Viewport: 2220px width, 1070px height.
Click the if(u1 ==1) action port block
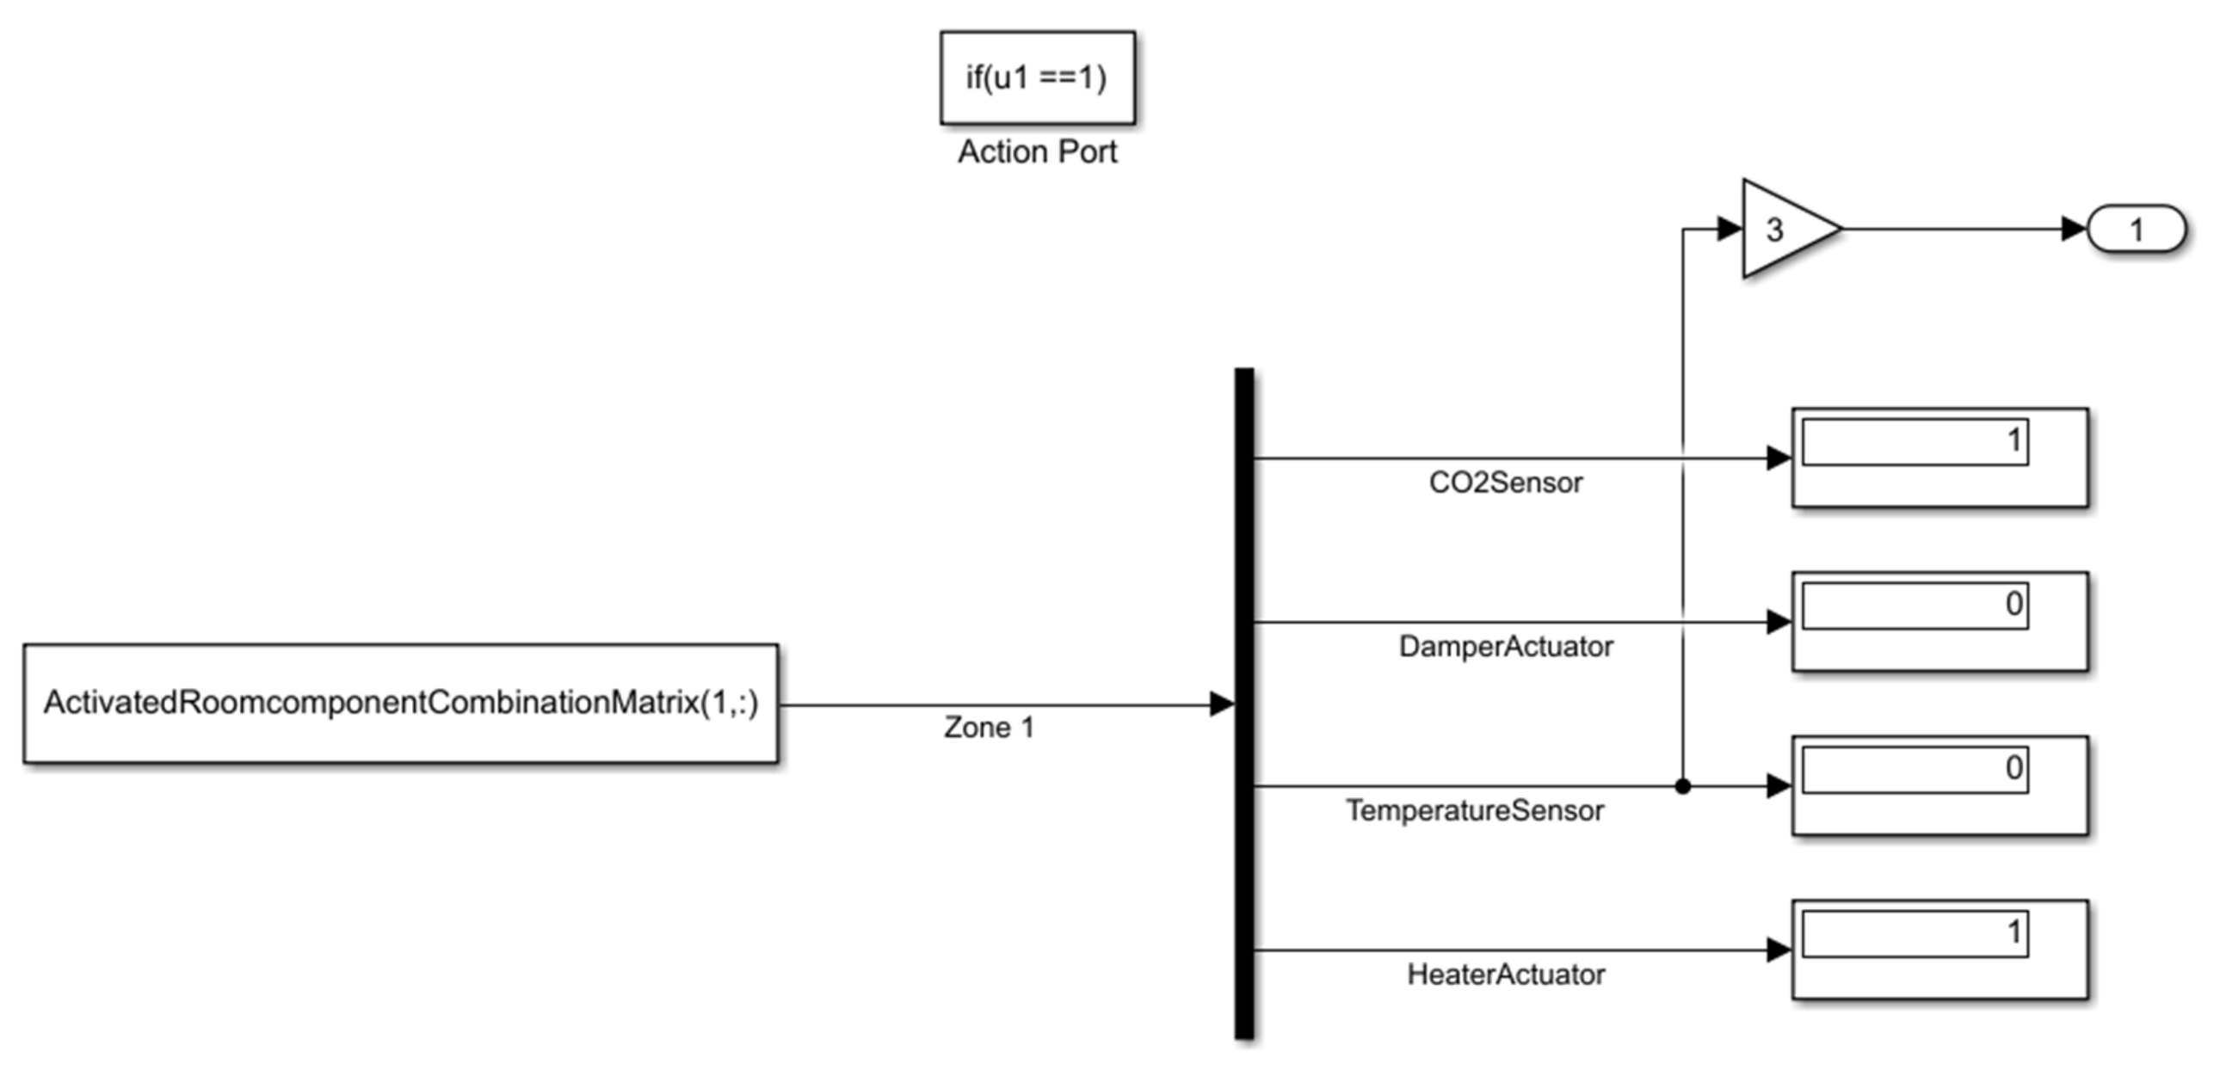coord(1037,77)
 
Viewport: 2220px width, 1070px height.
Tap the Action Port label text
coord(1037,152)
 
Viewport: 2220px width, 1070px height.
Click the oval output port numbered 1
coord(2136,229)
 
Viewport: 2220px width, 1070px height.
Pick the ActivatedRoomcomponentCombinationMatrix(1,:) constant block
coord(401,703)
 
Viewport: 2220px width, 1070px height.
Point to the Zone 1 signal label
coord(989,728)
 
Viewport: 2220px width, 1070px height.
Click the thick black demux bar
coord(1243,703)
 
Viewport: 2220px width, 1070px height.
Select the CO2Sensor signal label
coord(1506,483)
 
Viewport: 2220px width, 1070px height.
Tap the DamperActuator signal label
coord(1506,646)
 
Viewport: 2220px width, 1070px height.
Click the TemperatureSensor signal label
coord(1475,811)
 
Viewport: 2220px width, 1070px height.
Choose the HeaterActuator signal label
coord(1506,975)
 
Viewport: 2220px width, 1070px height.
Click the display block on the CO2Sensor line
coord(1939,458)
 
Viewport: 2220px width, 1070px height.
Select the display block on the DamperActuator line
coord(1939,621)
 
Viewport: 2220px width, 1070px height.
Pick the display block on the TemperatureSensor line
coord(1939,785)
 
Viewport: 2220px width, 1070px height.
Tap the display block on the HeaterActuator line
coord(1939,950)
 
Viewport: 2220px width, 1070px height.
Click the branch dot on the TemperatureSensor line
coord(1682,785)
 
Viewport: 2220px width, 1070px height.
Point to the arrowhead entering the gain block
coord(1730,229)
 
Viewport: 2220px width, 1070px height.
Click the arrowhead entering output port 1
coord(2074,229)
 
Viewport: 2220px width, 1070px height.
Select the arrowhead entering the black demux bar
coord(1222,704)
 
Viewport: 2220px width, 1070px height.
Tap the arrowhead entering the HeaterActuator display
coord(1779,950)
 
